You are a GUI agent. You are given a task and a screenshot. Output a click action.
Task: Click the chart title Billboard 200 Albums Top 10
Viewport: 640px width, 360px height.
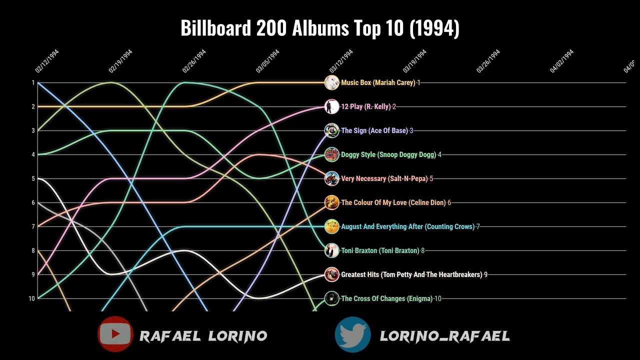point(320,28)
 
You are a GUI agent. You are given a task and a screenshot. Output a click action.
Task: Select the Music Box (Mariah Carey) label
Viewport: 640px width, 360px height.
point(378,82)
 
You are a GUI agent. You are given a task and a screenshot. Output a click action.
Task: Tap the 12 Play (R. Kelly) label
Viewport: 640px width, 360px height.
point(365,106)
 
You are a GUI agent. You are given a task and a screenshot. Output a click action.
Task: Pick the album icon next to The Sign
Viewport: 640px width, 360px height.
point(331,130)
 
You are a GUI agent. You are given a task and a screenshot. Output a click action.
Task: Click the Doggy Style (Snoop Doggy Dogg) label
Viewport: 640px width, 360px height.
point(388,154)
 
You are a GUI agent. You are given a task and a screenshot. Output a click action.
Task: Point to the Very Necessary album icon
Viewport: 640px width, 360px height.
point(331,178)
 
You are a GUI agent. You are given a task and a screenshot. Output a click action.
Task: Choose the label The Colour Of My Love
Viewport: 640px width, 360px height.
point(393,202)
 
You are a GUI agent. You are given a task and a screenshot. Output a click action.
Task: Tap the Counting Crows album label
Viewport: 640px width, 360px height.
point(407,226)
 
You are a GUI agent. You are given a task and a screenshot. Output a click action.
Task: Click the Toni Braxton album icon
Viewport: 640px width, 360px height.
point(331,250)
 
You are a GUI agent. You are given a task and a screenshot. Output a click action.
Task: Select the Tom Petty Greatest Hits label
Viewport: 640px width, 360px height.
point(411,274)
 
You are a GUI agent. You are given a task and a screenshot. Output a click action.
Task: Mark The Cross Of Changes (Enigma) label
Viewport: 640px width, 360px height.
point(386,298)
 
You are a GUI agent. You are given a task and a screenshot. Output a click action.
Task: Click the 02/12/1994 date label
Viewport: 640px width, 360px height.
point(47,61)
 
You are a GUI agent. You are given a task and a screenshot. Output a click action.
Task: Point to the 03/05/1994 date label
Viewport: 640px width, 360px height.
point(267,61)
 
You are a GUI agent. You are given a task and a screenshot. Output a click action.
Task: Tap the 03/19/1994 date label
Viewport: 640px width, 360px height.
point(414,61)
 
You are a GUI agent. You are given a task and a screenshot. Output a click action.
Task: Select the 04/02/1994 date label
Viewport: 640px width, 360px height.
point(561,61)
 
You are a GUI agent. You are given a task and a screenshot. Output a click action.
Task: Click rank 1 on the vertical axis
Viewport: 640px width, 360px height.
point(33,82)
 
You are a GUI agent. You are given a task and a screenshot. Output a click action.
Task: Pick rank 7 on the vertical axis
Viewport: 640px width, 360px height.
point(33,226)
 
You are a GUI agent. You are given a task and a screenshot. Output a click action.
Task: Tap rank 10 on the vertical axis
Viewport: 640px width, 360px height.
point(32,298)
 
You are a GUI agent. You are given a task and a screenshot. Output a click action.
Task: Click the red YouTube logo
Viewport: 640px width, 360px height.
point(115,334)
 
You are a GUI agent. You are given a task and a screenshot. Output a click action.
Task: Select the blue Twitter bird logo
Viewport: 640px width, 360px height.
point(353,334)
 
